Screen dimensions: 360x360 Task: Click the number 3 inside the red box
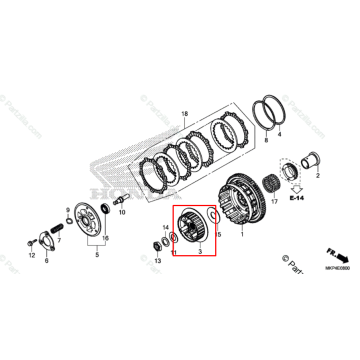click(x=200, y=255)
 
